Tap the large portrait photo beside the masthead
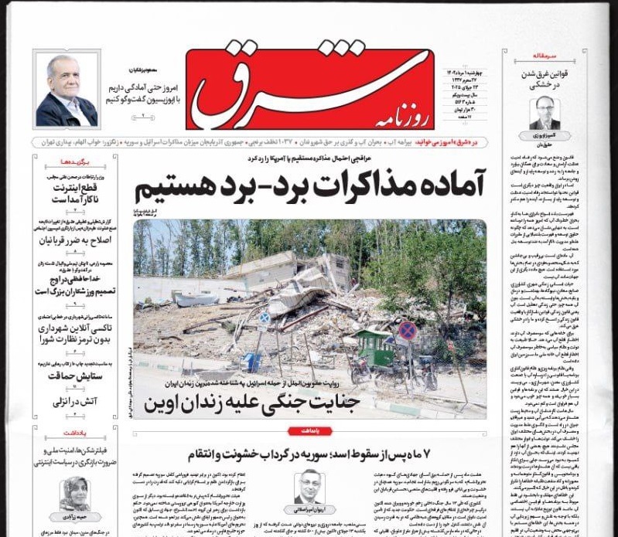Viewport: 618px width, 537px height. [x=67, y=91]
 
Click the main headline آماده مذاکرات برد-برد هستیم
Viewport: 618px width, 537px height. [x=312, y=185]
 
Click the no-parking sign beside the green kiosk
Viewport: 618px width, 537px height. [x=408, y=331]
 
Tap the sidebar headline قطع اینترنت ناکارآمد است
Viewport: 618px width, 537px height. [x=76, y=191]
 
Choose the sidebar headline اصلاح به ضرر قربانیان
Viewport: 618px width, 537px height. [x=76, y=240]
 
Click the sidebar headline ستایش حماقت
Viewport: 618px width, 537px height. [x=76, y=376]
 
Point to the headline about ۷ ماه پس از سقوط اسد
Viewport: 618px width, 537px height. [x=309, y=453]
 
